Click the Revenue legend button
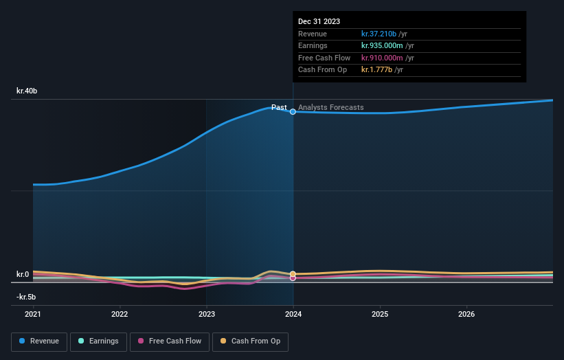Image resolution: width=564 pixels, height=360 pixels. pyautogui.click(x=39, y=341)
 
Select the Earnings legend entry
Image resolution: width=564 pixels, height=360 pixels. pyautogui.click(x=98, y=341)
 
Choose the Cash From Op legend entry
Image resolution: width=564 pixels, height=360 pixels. pyautogui.click(x=251, y=341)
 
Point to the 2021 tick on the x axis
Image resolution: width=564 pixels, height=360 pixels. pyautogui.click(x=33, y=315)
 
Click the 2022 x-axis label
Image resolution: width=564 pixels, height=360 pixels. pyautogui.click(x=120, y=315)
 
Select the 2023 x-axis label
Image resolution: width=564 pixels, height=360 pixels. pyautogui.click(x=207, y=315)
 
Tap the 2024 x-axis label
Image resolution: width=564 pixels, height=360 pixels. pyautogui.click(x=293, y=315)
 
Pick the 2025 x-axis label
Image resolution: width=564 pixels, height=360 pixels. pyautogui.click(x=380, y=315)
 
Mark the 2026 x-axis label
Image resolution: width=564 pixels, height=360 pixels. pyautogui.click(x=466, y=315)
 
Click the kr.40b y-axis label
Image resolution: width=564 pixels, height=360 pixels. pyautogui.click(x=27, y=91)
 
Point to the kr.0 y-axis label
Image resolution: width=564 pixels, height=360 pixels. pyautogui.click(x=23, y=274)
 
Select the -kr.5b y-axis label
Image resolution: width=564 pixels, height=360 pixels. pyautogui.click(x=26, y=297)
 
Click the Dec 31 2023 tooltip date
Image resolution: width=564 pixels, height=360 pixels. pyautogui.click(x=319, y=22)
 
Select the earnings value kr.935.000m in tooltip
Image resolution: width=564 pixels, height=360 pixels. pyautogui.click(x=382, y=45)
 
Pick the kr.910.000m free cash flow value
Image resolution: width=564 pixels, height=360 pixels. pyautogui.click(x=382, y=58)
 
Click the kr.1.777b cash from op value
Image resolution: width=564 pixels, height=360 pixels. pyautogui.click(x=377, y=69)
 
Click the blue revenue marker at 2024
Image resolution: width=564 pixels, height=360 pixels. pyautogui.click(x=293, y=111)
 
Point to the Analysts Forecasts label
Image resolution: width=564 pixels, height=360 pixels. pyautogui.click(x=331, y=107)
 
